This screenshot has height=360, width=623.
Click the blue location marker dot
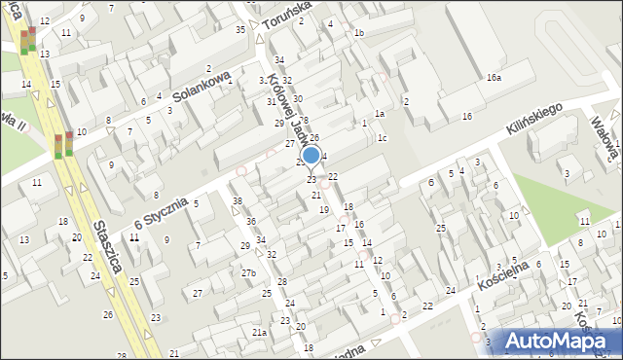[311, 155]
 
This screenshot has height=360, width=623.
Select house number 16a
[494, 77]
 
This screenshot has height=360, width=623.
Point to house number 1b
[359, 33]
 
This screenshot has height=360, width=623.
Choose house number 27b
[248, 273]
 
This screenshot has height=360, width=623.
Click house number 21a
[259, 332]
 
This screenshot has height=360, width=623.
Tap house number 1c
[383, 137]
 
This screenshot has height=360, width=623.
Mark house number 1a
[381, 114]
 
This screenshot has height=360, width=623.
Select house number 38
[238, 201]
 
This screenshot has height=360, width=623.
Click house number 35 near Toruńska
[240, 30]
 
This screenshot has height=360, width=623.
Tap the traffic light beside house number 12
[29, 39]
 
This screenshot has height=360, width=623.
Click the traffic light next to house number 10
[63, 145]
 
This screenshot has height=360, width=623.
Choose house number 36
[251, 222]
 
